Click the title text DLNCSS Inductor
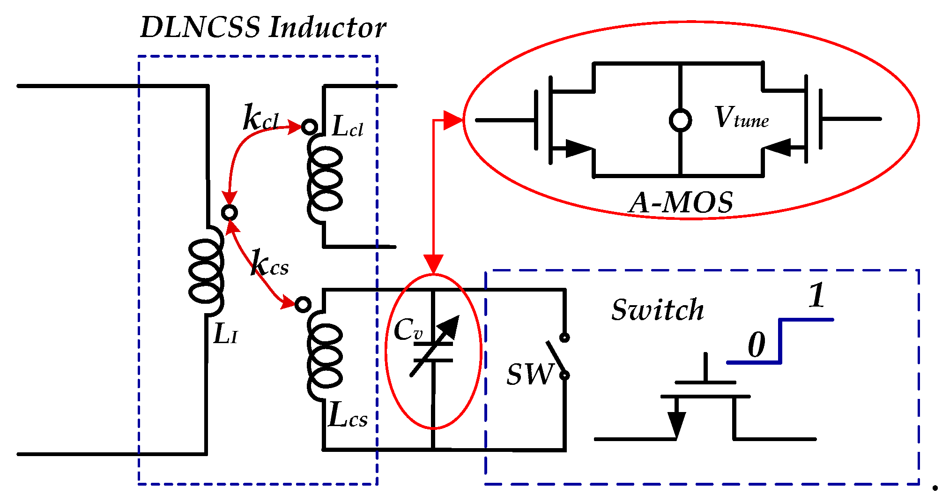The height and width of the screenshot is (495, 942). pos(263,27)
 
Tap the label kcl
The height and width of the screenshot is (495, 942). pos(260,118)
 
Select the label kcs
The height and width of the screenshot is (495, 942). pos(269,263)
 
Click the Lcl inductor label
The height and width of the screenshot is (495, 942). pos(347,127)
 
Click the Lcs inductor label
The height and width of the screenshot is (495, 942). pos(348,416)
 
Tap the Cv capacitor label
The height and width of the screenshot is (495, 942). pos(408,330)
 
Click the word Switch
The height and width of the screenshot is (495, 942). pos(657,310)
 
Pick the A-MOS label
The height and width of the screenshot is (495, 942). pos(681,203)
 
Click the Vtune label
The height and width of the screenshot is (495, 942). pos(742,118)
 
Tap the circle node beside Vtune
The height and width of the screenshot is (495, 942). pos(680,120)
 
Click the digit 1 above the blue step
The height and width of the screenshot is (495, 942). pos(817,295)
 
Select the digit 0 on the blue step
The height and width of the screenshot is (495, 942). pos(756,345)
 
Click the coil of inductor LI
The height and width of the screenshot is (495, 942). pos(206,271)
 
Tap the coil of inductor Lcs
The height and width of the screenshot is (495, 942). pos(325,356)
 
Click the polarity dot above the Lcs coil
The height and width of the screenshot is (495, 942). pos(303,305)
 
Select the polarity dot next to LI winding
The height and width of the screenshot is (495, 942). pos(229,213)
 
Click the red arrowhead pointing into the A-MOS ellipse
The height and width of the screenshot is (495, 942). pos(452,120)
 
